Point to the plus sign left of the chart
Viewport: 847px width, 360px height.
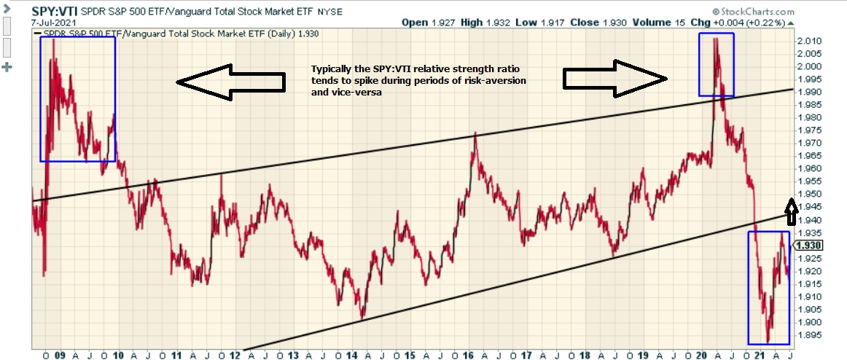coord(9,68)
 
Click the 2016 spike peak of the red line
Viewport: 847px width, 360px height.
coord(476,134)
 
